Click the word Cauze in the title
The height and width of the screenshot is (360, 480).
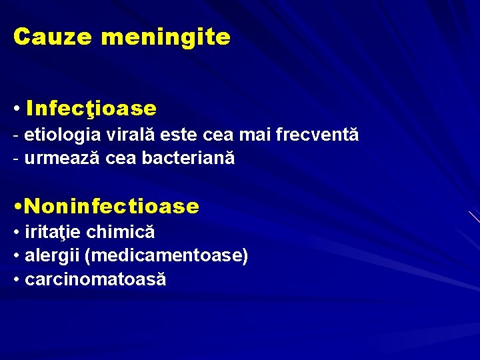53,37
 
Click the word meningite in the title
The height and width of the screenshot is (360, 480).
165,37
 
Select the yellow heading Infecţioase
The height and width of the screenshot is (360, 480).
91,108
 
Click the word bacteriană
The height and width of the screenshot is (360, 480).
188,159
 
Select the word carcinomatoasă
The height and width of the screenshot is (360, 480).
95,280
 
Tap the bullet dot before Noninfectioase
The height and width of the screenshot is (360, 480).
17,207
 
